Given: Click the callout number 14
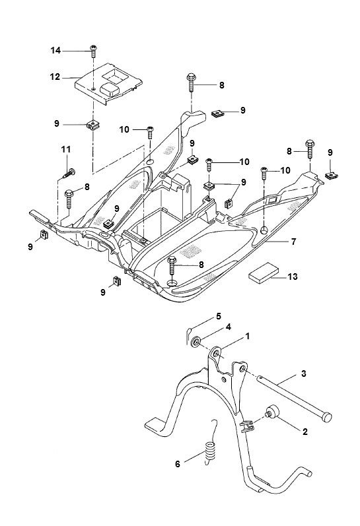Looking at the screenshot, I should (55, 50).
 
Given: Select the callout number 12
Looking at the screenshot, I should (55, 77).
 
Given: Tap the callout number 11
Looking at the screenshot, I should (66, 150).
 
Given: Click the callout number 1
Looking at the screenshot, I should (248, 336).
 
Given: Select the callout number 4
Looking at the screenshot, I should (228, 327).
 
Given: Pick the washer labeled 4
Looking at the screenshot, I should (196, 341).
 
